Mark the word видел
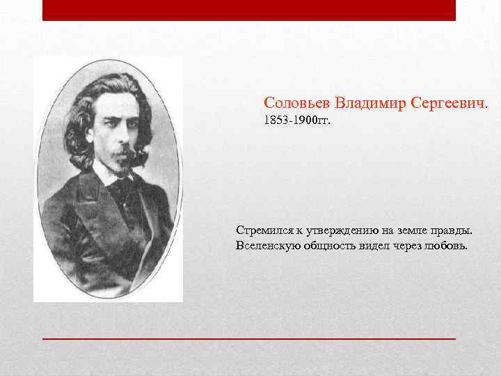[x=379, y=246]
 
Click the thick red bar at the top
[x=248, y=10]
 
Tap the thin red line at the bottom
[x=248, y=337]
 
